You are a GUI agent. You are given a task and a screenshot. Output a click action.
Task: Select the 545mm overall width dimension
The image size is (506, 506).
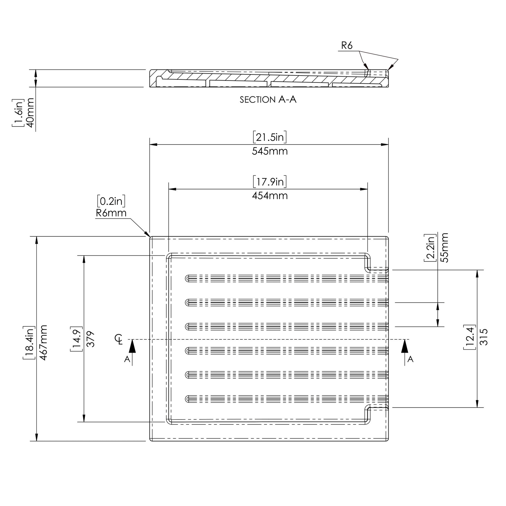coord(270,151)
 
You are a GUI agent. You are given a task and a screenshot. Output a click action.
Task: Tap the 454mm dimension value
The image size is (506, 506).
coord(270,196)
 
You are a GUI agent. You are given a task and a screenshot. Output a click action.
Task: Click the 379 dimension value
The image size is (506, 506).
coord(90,339)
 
